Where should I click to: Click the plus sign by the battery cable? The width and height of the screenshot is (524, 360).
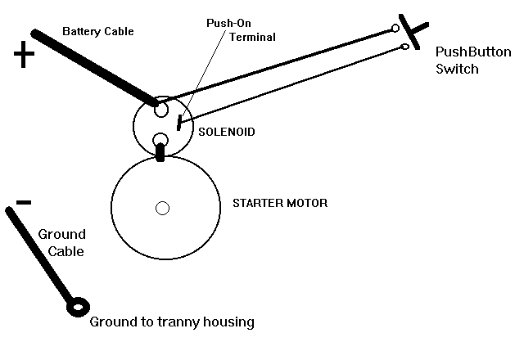[x=25, y=56]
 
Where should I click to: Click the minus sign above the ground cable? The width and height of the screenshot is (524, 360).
[x=24, y=202]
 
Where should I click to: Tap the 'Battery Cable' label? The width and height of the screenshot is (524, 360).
[x=97, y=31]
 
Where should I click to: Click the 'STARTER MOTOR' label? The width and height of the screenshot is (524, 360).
[x=280, y=202]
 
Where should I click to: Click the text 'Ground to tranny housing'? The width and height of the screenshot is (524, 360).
[x=172, y=322]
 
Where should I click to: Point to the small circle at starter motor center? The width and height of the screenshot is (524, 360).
[x=162, y=208]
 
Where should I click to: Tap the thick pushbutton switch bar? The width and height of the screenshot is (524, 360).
[x=412, y=31]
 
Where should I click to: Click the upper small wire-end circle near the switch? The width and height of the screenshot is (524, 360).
[x=396, y=29]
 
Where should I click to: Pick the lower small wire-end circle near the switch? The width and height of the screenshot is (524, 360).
[x=404, y=48]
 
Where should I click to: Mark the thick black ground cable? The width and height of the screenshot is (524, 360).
[x=41, y=254]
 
